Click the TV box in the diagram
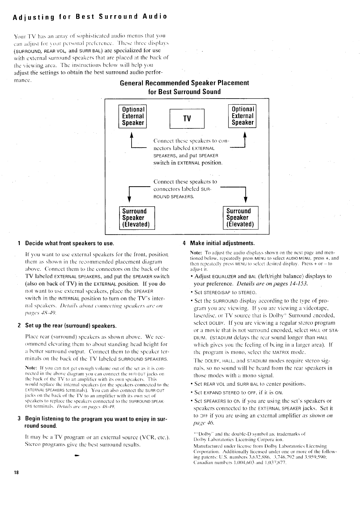[187, 118]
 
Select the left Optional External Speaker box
[133, 116]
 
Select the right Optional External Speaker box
[242, 116]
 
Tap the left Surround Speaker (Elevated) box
[137, 218]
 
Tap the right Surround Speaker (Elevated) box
[241, 218]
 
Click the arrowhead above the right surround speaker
[245, 200]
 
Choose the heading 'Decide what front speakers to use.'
[70, 243]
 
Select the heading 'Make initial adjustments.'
[222, 243]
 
